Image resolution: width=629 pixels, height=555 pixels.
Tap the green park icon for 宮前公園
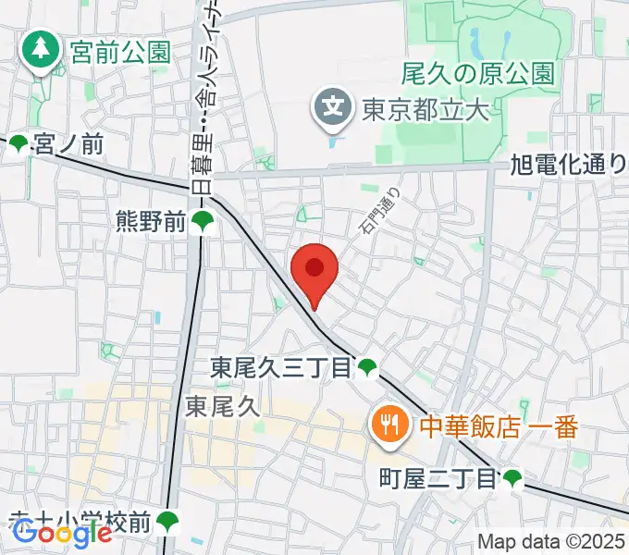[x=41, y=52]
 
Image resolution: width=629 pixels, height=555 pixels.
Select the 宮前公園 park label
[x=120, y=52]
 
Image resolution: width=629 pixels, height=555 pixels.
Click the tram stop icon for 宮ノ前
[x=18, y=143]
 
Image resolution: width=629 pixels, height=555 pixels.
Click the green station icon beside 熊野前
[x=202, y=221]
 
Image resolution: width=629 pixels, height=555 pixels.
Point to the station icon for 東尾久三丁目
[x=367, y=368]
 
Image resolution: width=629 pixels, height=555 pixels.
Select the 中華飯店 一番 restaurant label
[x=499, y=426]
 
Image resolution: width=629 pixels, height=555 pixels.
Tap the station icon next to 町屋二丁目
[x=512, y=478]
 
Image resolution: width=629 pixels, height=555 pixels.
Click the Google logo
[x=62, y=533]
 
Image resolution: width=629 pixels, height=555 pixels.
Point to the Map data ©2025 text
[x=551, y=541]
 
